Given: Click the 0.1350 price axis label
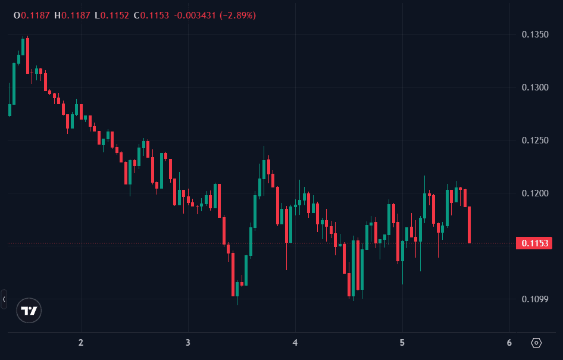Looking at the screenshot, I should [x=534, y=35].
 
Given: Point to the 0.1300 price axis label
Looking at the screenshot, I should [x=534, y=87].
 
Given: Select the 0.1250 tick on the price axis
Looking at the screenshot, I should [x=534, y=140].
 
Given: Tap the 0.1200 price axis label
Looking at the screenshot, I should [x=534, y=193].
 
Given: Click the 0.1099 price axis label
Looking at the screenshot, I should [x=534, y=299].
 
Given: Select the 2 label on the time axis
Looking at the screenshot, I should [x=80, y=343].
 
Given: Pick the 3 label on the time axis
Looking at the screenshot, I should [x=187, y=343].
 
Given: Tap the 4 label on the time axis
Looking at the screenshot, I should [x=295, y=343].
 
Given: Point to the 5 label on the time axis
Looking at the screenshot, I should [x=402, y=343].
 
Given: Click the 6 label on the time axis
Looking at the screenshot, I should [x=509, y=343].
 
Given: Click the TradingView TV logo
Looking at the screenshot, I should [x=29, y=311].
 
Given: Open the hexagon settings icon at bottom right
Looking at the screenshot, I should [x=536, y=343].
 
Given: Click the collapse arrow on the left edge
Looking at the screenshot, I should [x=4, y=299].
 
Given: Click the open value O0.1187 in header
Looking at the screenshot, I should [x=32, y=15].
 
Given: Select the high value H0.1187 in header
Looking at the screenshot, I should [x=71, y=15].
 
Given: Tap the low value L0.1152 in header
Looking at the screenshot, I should [x=112, y=15].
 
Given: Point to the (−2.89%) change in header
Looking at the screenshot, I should [x=237, y=15].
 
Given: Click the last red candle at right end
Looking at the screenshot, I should [x=470, y=224].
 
